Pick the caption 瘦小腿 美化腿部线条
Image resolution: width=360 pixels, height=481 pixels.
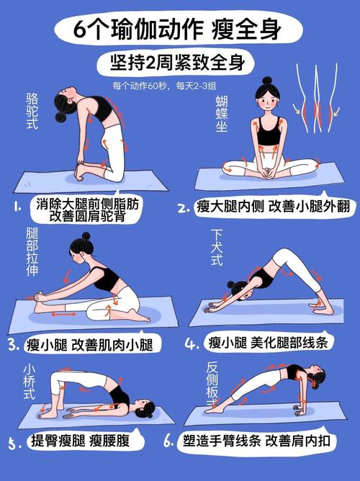[268, 343]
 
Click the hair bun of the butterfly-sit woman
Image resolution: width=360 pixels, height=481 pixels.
[267, 81]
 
